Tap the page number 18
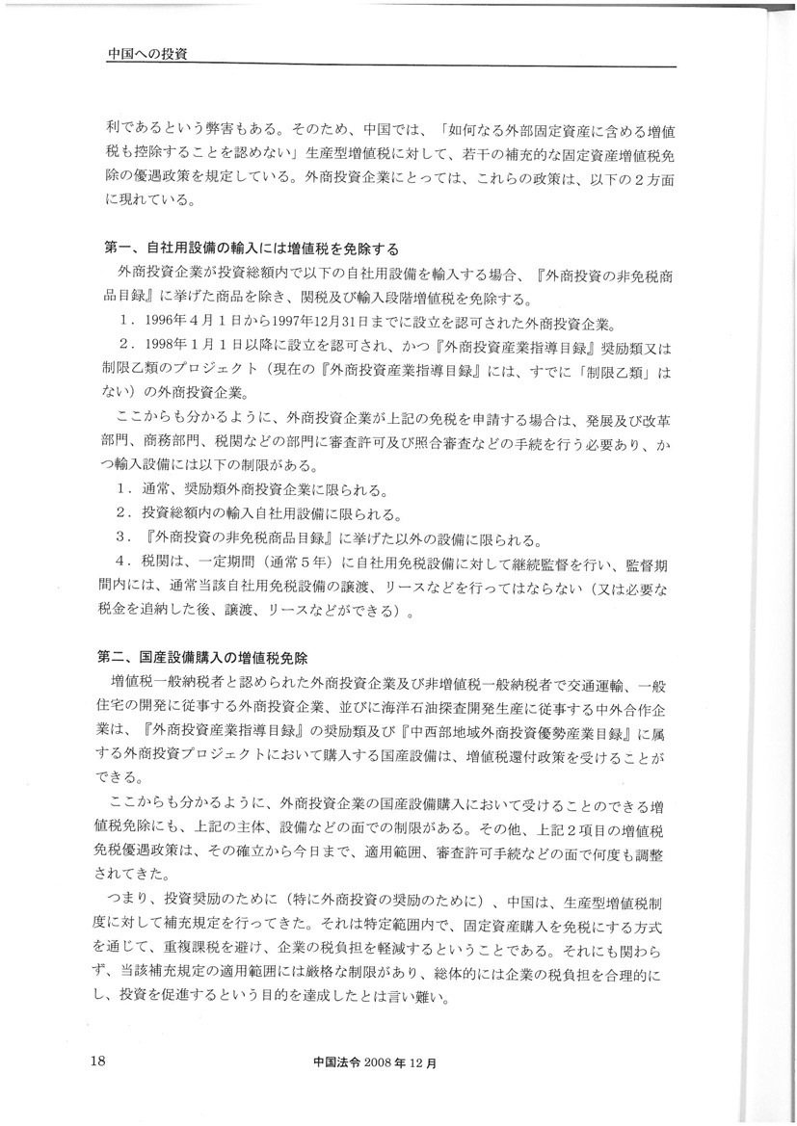97,1061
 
